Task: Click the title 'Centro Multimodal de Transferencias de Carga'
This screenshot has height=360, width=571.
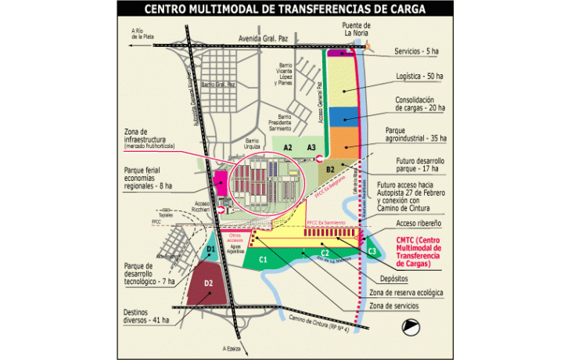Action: tap(285, 9)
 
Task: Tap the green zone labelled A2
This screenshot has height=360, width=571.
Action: tap(288, 147)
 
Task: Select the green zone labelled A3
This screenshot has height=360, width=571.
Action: tap(311, 147)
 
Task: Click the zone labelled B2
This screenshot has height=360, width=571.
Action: tap(332, 168)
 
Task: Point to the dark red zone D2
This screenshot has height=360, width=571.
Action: tap(208, 283)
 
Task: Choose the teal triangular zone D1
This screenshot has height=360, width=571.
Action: tap(209, 250)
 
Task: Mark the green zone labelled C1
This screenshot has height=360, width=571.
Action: tap(264, 258)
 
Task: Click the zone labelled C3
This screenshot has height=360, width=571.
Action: tap(372, 250)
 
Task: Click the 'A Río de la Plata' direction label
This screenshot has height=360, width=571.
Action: tap(142, 34)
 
